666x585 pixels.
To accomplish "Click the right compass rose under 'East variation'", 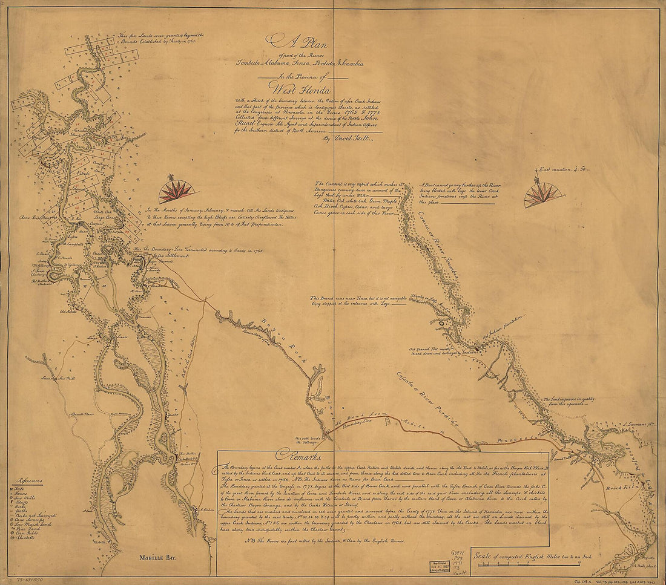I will pyautogui.click(x=542, y=195).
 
